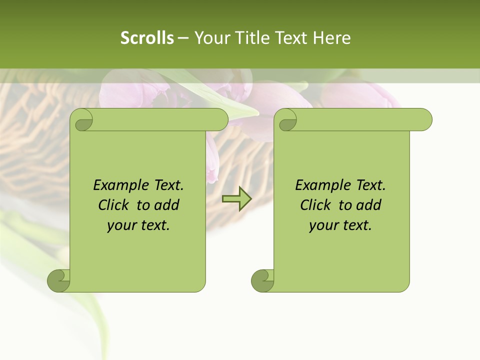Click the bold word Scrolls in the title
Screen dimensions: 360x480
(x=147, y=38)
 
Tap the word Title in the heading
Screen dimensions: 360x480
(x=251, y=38)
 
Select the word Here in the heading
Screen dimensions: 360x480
(x=331, y=38)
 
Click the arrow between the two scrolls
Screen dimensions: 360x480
(x=236, y=198)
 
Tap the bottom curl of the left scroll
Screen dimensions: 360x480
(x=59, y=280)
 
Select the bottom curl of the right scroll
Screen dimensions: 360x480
(x=263, y=280)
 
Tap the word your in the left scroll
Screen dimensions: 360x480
(x=120, y=225)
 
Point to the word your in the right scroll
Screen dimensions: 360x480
(x=322, y=225)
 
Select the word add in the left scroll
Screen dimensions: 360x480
(x=167, y=205)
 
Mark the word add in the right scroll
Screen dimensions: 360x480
(x=369, y=205)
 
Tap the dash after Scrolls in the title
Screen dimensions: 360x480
(x=183, y=38)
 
